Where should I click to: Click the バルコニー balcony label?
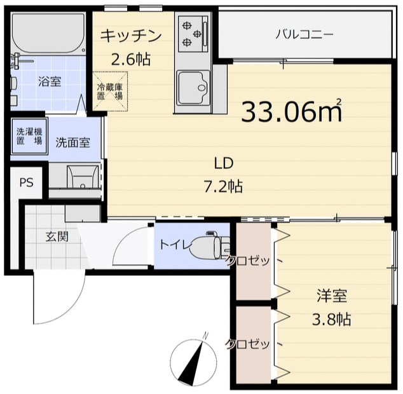[304, 34]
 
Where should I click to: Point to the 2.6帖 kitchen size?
[131, 60]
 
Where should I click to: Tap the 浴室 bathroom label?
[50, 81]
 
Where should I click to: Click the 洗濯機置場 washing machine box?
[29, 136]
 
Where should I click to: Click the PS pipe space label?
[25, 183]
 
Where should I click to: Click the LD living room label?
[223, 163]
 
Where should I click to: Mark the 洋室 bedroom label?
[332, 295]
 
